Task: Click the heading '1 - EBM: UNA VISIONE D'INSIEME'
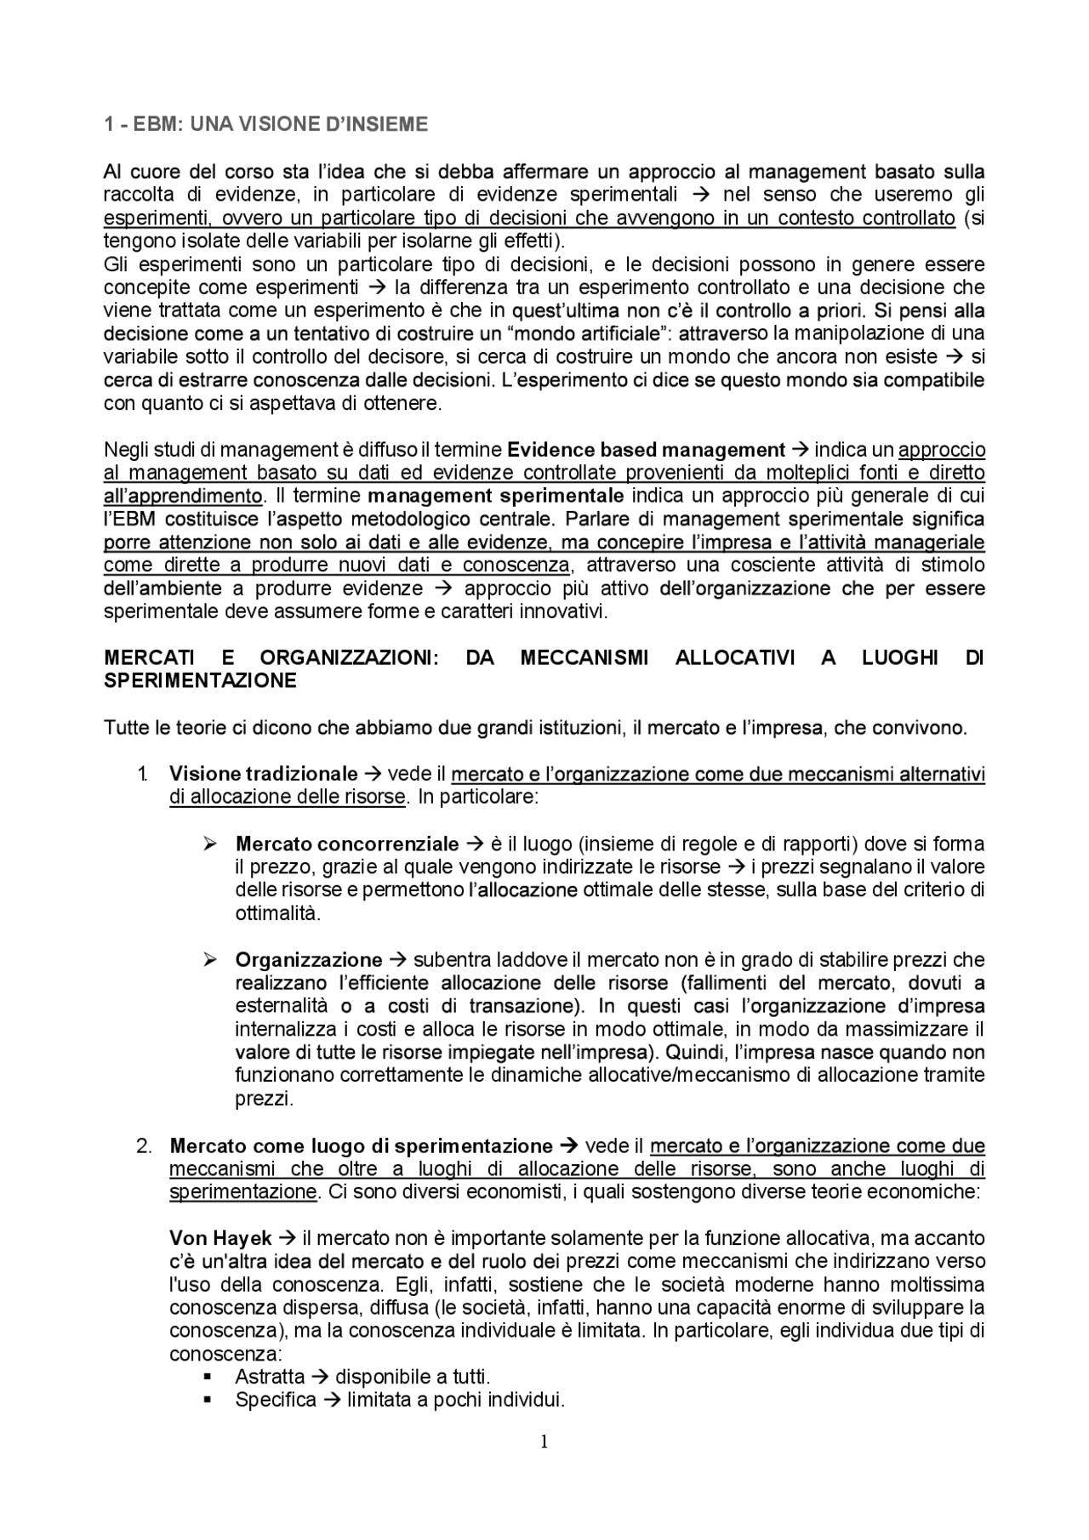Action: [265, 125]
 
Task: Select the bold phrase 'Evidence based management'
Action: [646, 450]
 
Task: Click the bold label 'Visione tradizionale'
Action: [263, 774]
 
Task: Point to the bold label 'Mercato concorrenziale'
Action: [346, 844]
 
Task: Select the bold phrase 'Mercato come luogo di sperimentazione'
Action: [361, 1145]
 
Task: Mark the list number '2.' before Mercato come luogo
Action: [144, 1145]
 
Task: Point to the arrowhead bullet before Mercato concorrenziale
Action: [210, 844]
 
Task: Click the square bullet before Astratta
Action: [208, 1378]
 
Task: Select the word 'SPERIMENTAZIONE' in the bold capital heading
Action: [200, 680]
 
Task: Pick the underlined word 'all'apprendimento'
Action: [183, 496]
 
